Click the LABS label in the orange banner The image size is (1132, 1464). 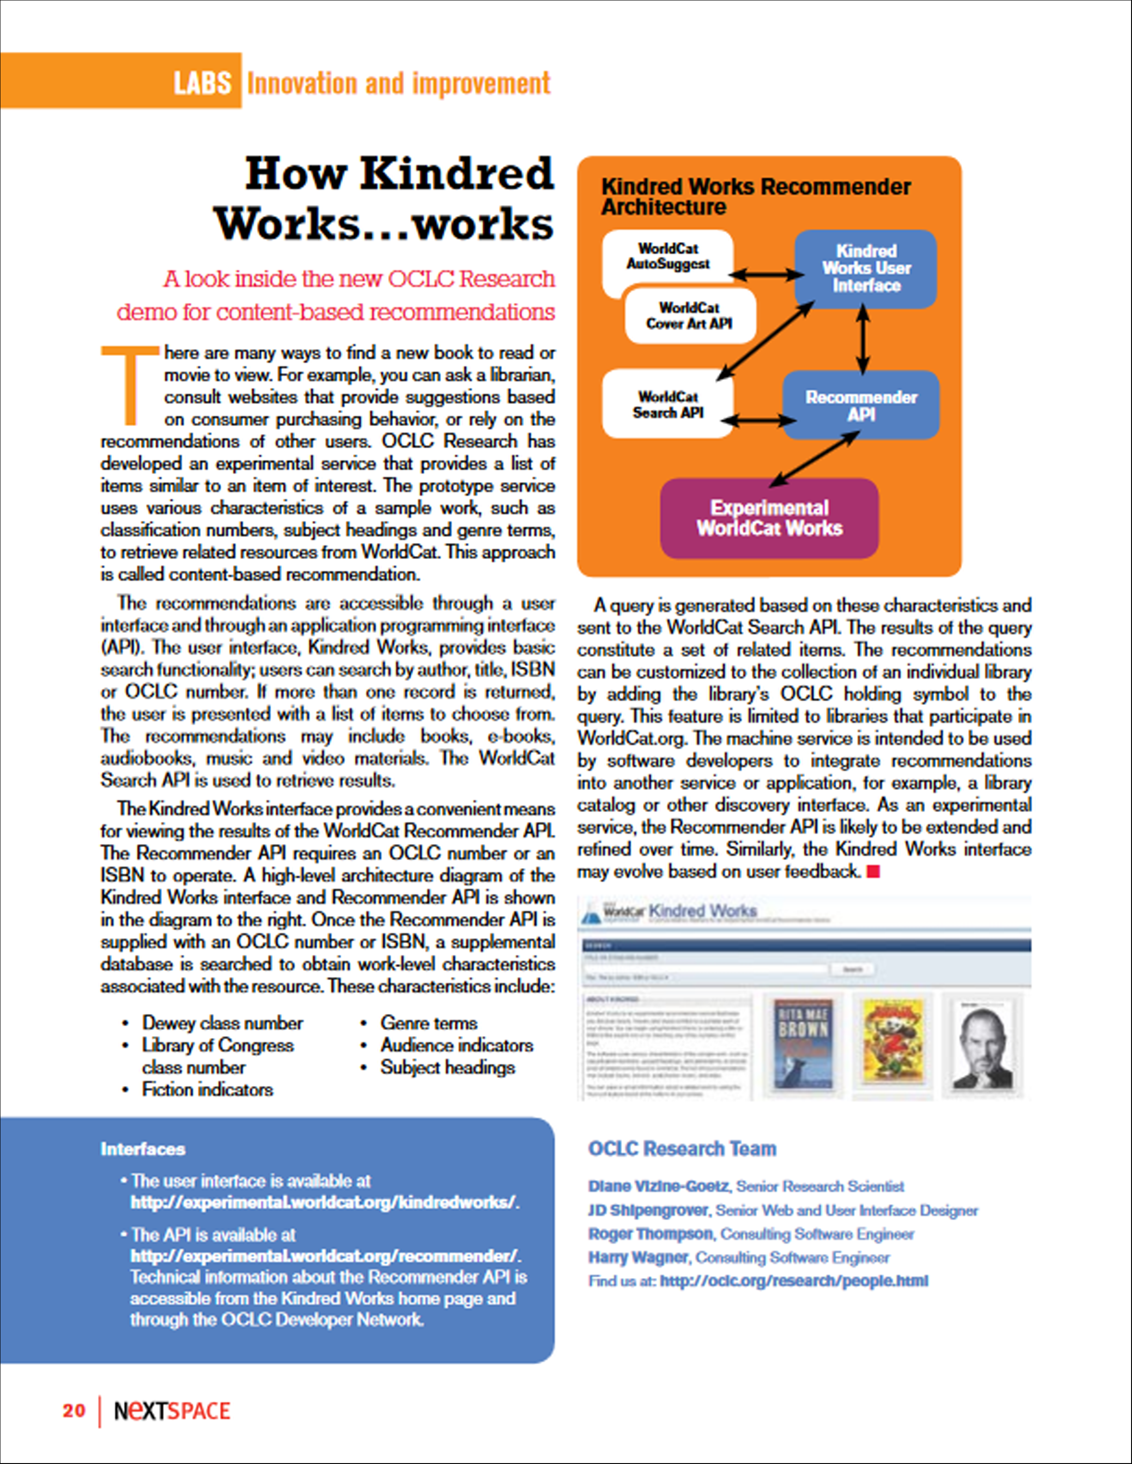[x=202, y=83]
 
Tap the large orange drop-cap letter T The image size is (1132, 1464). [x=129, y=384]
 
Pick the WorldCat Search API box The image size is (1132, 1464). [x=667, y=405]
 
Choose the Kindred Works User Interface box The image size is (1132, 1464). [x=866, y=268]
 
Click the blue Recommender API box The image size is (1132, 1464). [x=861, y=405]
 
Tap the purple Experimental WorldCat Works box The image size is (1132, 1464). [x=769, y=518]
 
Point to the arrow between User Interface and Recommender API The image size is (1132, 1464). [x=863, y=339]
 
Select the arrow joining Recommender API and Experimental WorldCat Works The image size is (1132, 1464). [x=814, y=458]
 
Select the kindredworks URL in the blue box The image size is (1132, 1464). [x=325, y=1202]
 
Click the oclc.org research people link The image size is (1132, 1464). [x=794, y=1281]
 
